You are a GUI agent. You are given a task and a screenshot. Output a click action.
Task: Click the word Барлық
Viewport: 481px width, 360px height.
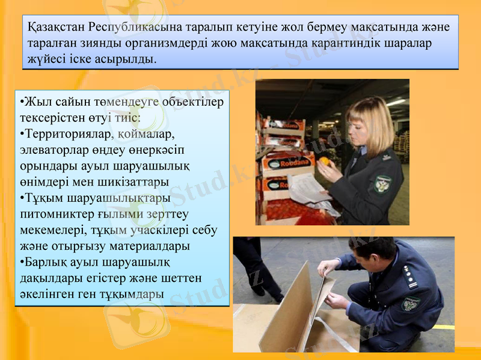[45, 262]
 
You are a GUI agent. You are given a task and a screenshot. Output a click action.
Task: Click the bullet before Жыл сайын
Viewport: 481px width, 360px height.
[21, 101]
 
